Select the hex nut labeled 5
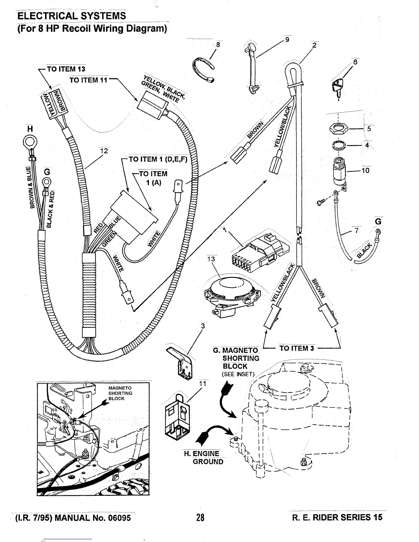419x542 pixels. pyautogui.click(x=339, y=129)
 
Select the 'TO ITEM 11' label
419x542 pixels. pyautogui.click(x=88, y=80)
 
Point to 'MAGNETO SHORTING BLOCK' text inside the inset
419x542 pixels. pyautogui.click(x=120, y=393)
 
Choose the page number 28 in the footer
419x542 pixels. pyautogui.click(x=200, y=517)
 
